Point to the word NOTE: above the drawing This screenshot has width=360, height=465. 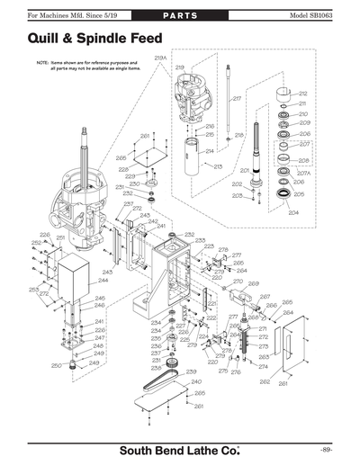(41, 63)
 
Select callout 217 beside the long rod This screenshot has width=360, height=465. (236, 98)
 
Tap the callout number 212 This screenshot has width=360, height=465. (303, 93)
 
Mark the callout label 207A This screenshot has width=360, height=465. (304, 173)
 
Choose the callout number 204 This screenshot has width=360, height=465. (292, 213)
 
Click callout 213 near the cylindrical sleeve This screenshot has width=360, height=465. (217, 165)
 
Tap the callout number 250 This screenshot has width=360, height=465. (56, 365)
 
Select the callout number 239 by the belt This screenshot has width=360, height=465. (191, 371)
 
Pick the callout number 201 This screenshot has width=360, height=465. (244, 170)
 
